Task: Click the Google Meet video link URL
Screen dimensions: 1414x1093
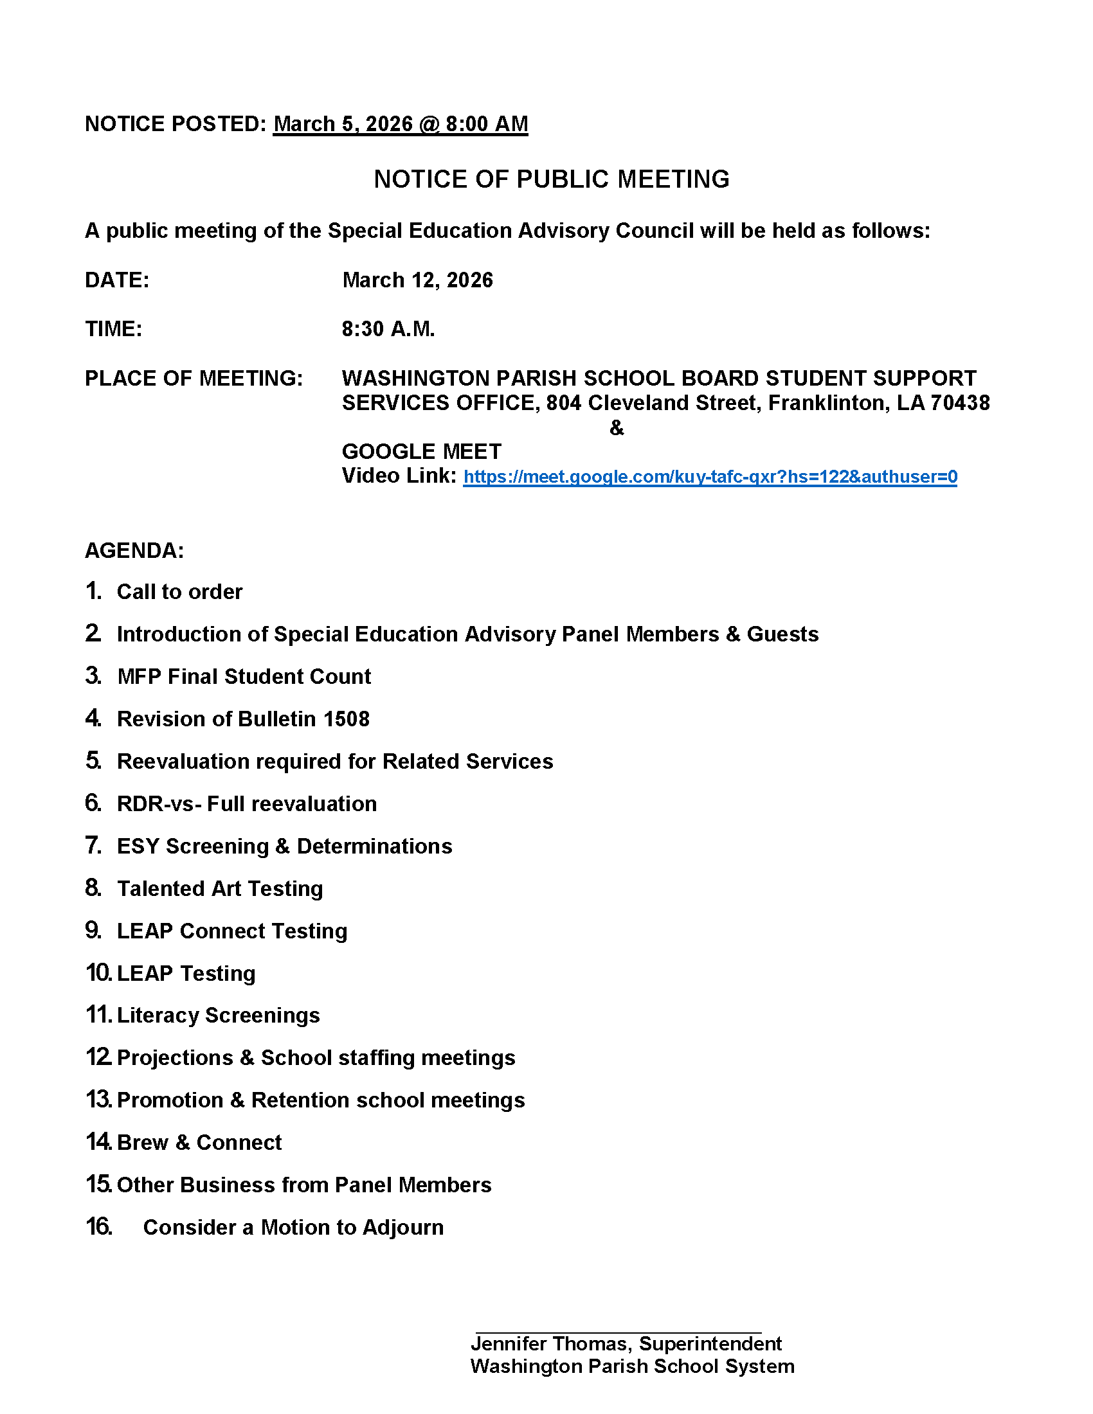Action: point(710,477)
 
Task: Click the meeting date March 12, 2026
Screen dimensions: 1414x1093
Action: point(418,280)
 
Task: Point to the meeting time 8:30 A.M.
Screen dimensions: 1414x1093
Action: point(388,330)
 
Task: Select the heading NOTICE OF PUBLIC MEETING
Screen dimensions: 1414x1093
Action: point(552,179)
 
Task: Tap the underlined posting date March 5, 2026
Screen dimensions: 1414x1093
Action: point(343,123)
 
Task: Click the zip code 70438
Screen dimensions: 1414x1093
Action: point(960,404)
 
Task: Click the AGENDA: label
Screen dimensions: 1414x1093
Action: point(134,551)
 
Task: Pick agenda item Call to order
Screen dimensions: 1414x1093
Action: point(179,592)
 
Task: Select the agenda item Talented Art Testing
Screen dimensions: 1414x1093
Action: point(220,889)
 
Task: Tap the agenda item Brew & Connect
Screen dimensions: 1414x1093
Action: point(199,1143)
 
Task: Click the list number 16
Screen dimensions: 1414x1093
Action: point(99,1227)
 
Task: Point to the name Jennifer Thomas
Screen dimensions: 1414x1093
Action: point(549,1344)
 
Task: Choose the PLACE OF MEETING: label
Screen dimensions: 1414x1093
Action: point(194,379)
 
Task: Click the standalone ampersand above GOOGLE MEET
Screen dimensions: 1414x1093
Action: point(617,428)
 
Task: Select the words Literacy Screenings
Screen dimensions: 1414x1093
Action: point(218,1015)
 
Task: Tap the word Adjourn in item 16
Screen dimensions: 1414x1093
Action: point(403,1228)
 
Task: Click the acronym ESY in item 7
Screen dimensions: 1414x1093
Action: point(138,846)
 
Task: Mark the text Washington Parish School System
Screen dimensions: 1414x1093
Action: point(632,1366)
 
